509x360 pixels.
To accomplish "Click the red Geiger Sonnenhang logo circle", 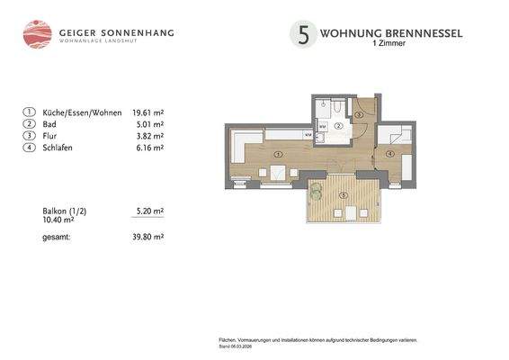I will point(37,34).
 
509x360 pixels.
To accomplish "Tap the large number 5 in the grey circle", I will point(303,35).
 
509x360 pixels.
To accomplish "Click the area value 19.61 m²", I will point(147,112).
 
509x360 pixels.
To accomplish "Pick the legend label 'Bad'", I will point(49,124).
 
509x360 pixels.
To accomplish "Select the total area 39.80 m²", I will point(147,237).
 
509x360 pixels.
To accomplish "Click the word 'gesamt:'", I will point(56,237).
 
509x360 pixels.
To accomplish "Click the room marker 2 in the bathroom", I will point(337,127).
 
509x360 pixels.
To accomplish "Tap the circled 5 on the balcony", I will point(343,195).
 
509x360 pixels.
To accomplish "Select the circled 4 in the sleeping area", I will point(390,153).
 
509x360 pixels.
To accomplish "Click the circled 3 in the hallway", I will point(358,115).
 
